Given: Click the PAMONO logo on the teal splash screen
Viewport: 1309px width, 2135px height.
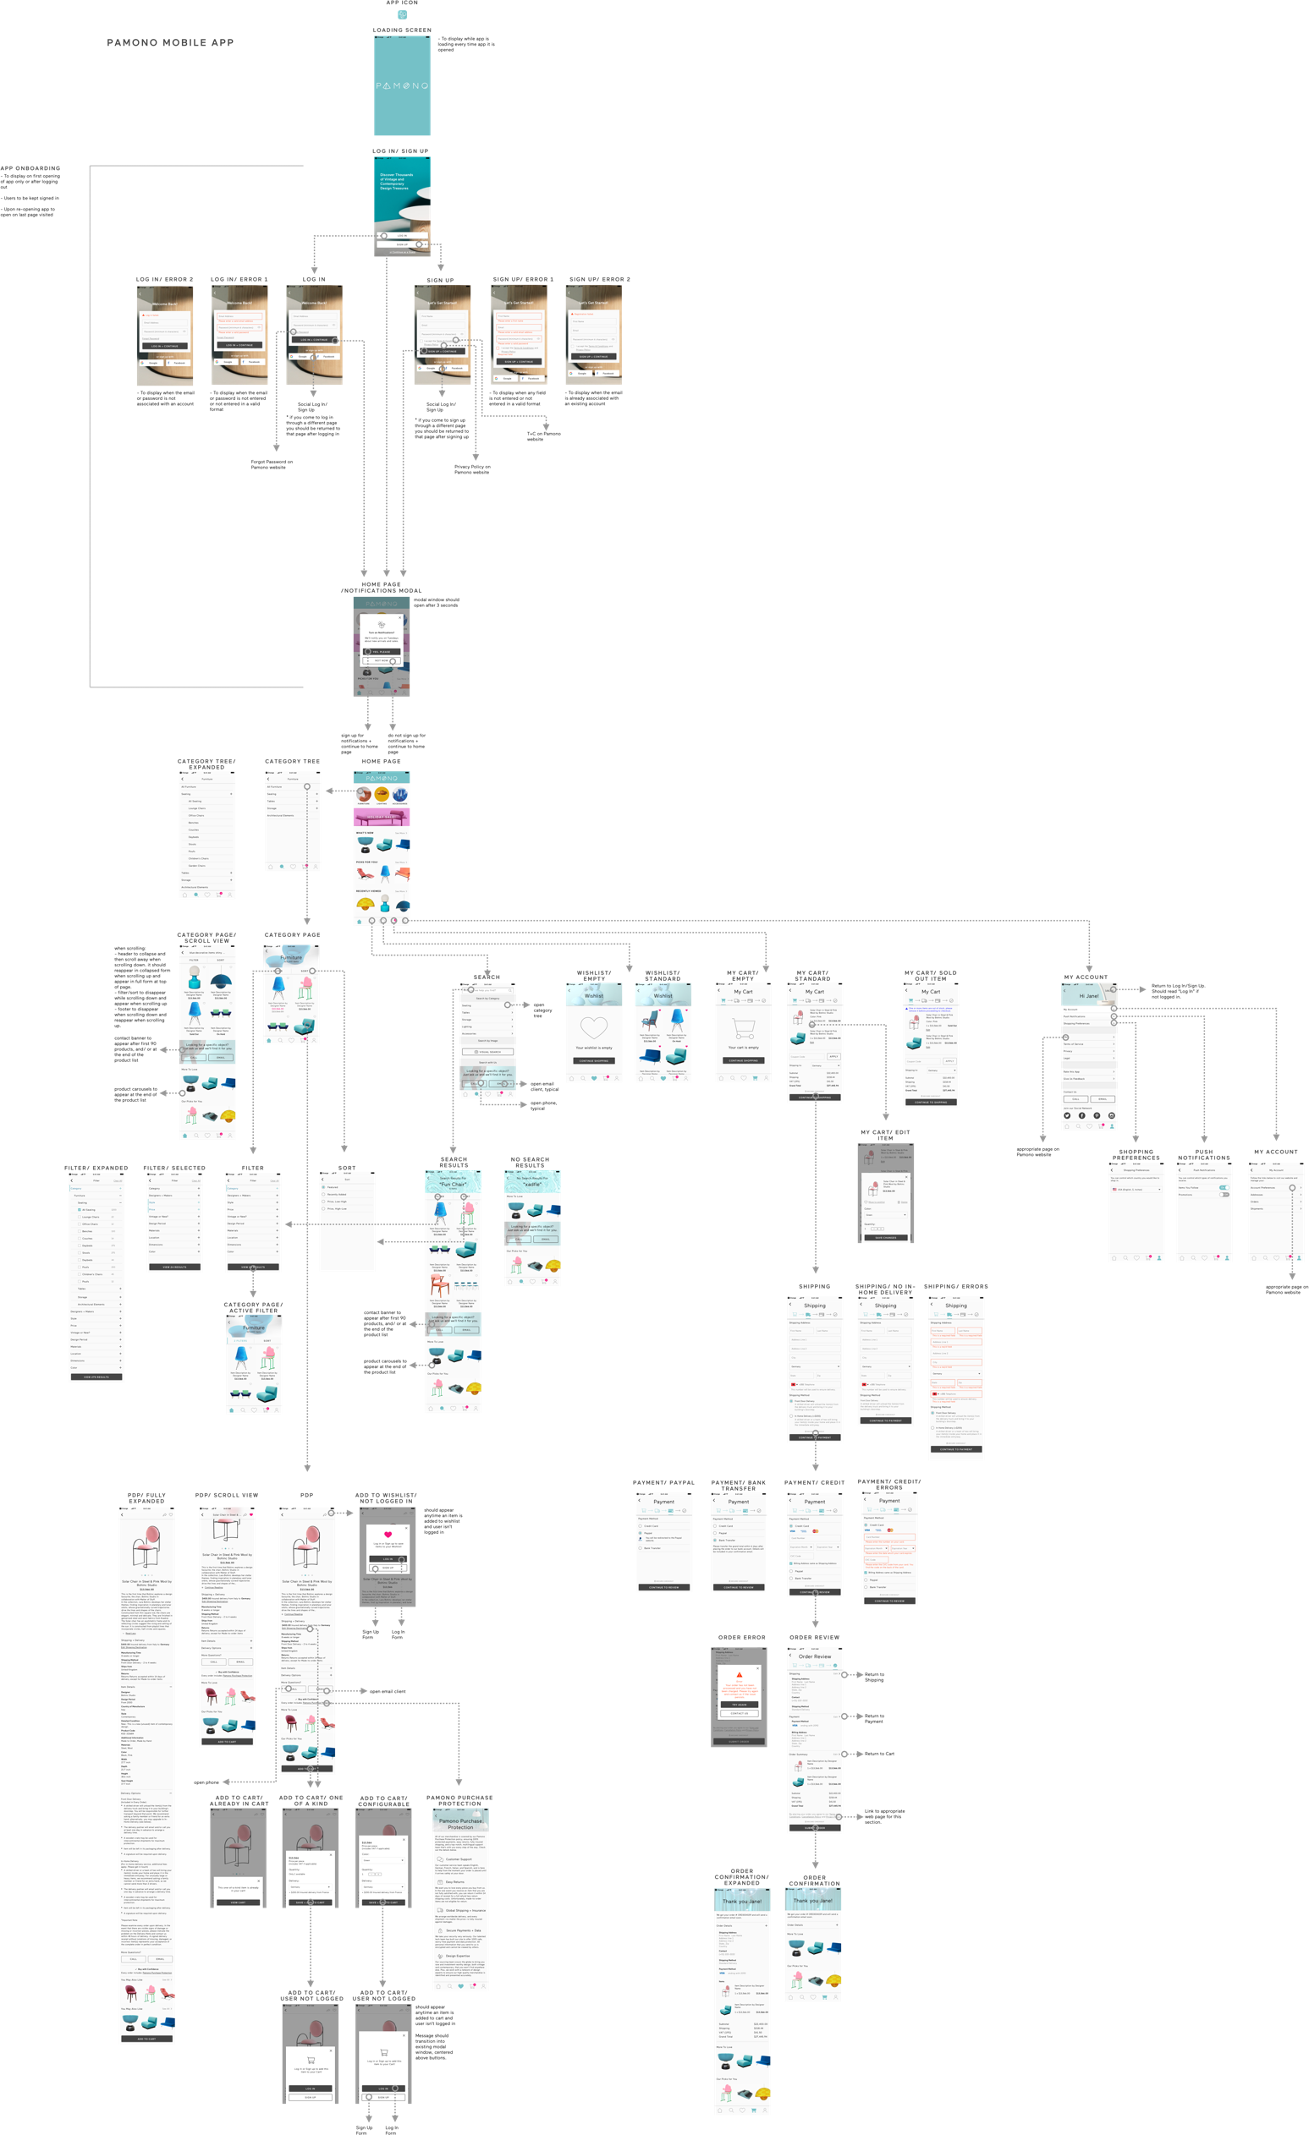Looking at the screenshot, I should click(x=401, y=85).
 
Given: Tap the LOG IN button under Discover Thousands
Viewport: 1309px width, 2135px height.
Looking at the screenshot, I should click(x=401, y=235).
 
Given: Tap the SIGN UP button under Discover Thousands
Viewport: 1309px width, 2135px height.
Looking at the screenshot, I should click(x=401, y=244).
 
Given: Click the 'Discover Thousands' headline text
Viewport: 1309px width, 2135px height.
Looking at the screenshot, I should click(x=396, y=181).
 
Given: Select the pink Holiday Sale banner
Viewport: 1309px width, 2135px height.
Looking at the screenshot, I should click(x=381, y=816).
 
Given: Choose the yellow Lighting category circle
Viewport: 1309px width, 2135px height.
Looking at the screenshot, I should click(x=382, y=795).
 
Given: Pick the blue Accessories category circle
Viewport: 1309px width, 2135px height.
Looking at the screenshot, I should click(x=399, y=795).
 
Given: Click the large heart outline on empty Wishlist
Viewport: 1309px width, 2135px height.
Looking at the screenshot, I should click(x=594, y=1027).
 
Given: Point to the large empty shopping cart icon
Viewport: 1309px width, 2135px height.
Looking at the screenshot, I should click(x=743, y=1028).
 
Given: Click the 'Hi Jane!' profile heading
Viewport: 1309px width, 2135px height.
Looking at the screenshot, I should click(x=1088, y=995).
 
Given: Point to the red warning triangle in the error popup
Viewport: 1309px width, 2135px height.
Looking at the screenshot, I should click(x=739, y=1675).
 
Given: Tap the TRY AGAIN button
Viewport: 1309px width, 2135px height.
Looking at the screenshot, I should click(x=739, y=1704).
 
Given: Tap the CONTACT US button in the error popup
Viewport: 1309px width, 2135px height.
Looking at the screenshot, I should click(x=739, y=1713).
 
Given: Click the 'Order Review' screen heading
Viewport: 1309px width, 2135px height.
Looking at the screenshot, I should click(x=814, y=1656).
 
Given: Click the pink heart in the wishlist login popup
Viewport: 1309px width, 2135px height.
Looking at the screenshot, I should click(x=388, y=1535).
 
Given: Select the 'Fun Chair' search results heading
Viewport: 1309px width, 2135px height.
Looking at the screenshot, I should click(x=453, y=1184).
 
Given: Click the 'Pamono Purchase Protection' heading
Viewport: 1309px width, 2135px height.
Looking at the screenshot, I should click(x=460, y=1824).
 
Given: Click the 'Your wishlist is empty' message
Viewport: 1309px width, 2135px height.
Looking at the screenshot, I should click(x=594, y=1048).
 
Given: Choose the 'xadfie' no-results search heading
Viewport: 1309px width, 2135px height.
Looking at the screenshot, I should click(x=531, y=1184).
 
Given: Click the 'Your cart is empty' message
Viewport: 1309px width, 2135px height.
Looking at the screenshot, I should click(x=743, y=1048).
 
